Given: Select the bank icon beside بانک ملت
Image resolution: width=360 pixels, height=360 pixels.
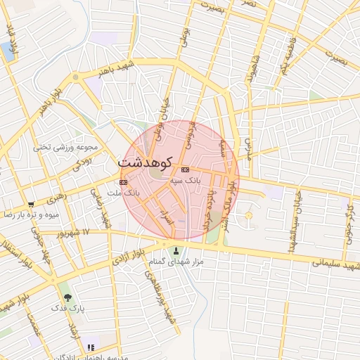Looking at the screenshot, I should coord(124,181).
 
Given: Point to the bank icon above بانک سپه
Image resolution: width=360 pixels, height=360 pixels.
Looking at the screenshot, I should coord(185,170).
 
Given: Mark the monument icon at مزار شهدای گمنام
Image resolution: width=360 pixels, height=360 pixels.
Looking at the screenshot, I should coord(176,252).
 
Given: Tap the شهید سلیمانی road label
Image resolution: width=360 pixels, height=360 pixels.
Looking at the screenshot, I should coord(337,266).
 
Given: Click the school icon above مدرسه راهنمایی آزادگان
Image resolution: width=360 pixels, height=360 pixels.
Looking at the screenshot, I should coord(90,347).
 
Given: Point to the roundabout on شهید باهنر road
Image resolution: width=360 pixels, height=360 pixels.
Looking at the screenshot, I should coord(75,77).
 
